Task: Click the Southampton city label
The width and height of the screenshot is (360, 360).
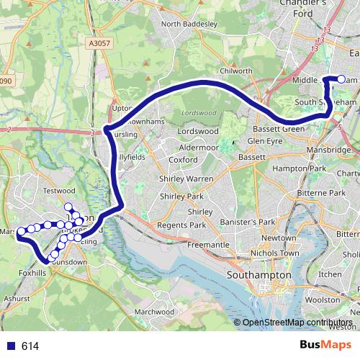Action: point(258,275)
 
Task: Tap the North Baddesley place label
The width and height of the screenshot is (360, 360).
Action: point(189,24)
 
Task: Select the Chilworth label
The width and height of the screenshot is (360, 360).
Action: point(236,71)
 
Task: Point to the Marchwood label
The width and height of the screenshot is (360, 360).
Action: point(155,312)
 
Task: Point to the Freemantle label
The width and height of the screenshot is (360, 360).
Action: point(208,245)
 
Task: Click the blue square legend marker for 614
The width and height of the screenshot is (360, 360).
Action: point(9,346)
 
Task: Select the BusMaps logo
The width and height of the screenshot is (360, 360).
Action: point(320,345)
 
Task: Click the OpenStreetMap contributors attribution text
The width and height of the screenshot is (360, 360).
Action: point(297,323)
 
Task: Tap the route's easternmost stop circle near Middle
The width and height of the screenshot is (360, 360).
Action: point(341,80)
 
